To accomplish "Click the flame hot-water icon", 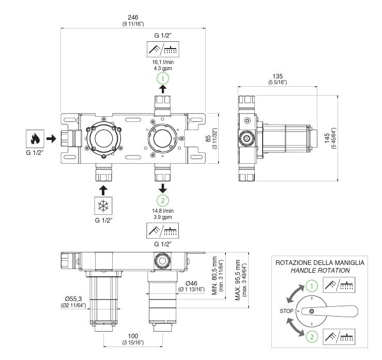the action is (35, 139).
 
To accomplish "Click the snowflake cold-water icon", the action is (103, 206).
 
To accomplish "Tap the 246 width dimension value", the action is (133, 17).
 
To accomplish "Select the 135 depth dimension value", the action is (278, 76).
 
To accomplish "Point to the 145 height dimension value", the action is (327, 138).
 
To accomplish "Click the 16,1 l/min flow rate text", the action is (163, 62).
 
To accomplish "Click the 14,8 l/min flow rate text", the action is (163, 211).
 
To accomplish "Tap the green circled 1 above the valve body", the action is (163, 79).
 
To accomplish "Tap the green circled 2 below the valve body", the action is (163, 200).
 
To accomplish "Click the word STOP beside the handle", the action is (286, 311).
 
